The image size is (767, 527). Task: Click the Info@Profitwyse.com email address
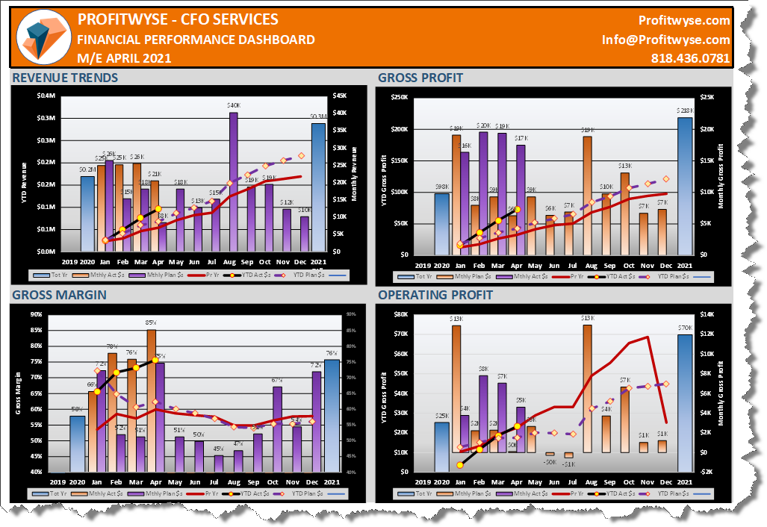(x=665, y=40)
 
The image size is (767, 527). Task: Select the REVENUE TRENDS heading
(x=65, y=78)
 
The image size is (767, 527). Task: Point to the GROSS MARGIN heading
(x=59, y=295)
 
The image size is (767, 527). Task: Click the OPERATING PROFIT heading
(x=435, y=295)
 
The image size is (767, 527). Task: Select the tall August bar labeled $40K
(x=233, y=181)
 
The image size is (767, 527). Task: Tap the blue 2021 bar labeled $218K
(x=685, y=185)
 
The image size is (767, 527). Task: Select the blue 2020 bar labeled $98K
(x=441, y=223)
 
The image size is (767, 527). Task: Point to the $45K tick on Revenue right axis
(x=339, y=96)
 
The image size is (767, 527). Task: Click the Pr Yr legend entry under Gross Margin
(x=220, y=494)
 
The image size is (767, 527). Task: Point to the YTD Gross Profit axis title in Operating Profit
(x=384, y=393)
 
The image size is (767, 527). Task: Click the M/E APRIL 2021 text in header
(x=124, y=58)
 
